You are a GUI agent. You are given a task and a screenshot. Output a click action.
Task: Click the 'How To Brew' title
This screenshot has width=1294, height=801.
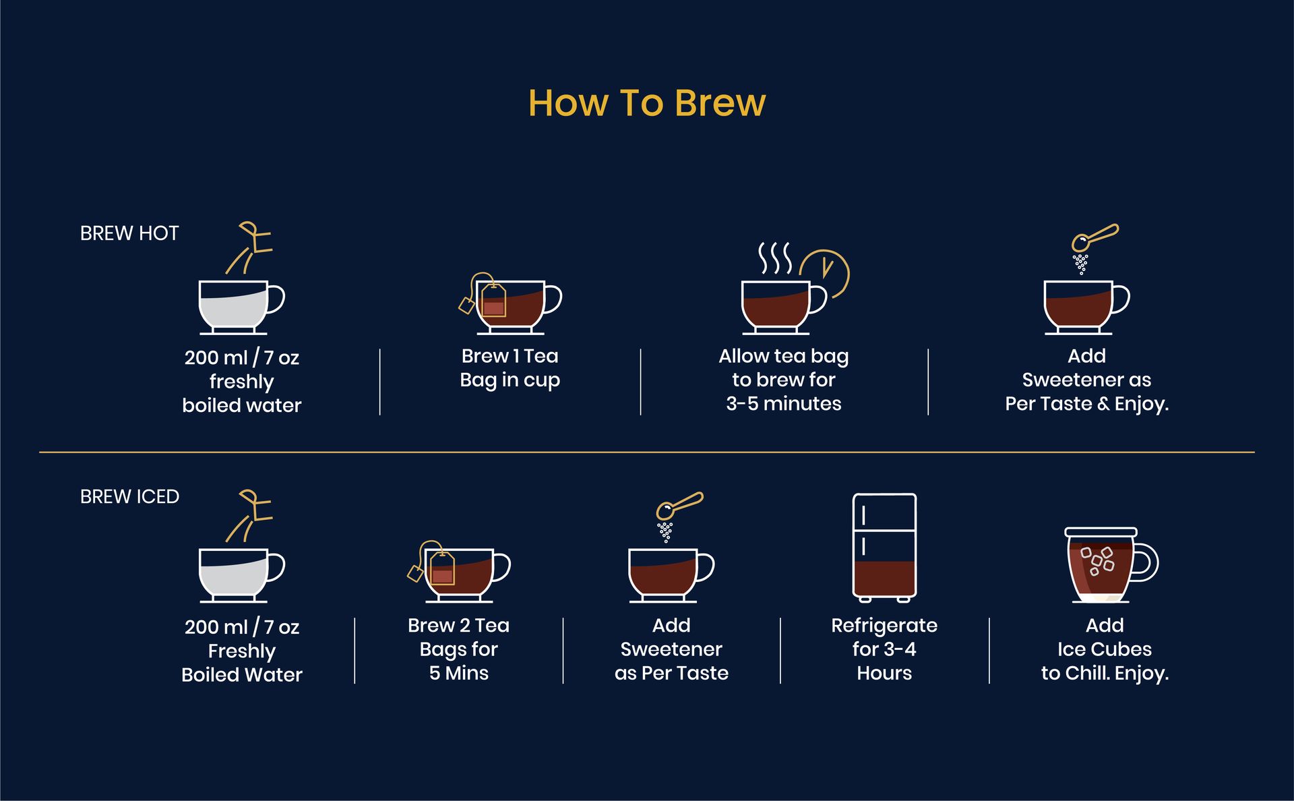[647, 103]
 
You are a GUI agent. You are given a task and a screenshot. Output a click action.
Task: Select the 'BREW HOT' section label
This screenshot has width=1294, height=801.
[129, 233]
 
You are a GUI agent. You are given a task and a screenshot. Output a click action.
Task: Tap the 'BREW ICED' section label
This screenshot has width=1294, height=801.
[129, 497]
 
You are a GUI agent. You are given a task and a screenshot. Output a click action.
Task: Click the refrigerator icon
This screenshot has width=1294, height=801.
[884, 547]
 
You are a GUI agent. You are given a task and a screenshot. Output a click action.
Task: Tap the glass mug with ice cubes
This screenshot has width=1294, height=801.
[1111, 565]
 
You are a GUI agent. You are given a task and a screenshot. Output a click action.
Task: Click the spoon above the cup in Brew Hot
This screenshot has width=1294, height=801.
[1095, 237]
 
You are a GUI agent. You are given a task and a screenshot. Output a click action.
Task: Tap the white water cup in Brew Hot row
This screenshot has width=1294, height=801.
[241, 307]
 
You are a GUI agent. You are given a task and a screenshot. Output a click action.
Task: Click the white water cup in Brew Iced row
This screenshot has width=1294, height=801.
[241, 576]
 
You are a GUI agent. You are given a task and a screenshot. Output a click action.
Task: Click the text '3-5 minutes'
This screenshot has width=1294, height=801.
[784, 403]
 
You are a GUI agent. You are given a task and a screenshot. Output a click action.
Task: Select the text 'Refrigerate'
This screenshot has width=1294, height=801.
[884, 626]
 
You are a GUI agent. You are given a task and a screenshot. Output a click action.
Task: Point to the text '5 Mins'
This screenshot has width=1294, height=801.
[459, 673]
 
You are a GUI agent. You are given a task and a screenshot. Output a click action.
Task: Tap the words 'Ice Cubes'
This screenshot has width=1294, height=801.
[1105, 649]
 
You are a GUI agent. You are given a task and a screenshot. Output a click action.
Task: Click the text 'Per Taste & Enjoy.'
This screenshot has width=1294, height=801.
[1087, 404]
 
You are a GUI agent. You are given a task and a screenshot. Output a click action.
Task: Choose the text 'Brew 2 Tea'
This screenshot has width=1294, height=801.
[459, 626]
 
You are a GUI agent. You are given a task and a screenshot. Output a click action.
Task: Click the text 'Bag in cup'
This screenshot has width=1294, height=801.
[510, 380]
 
